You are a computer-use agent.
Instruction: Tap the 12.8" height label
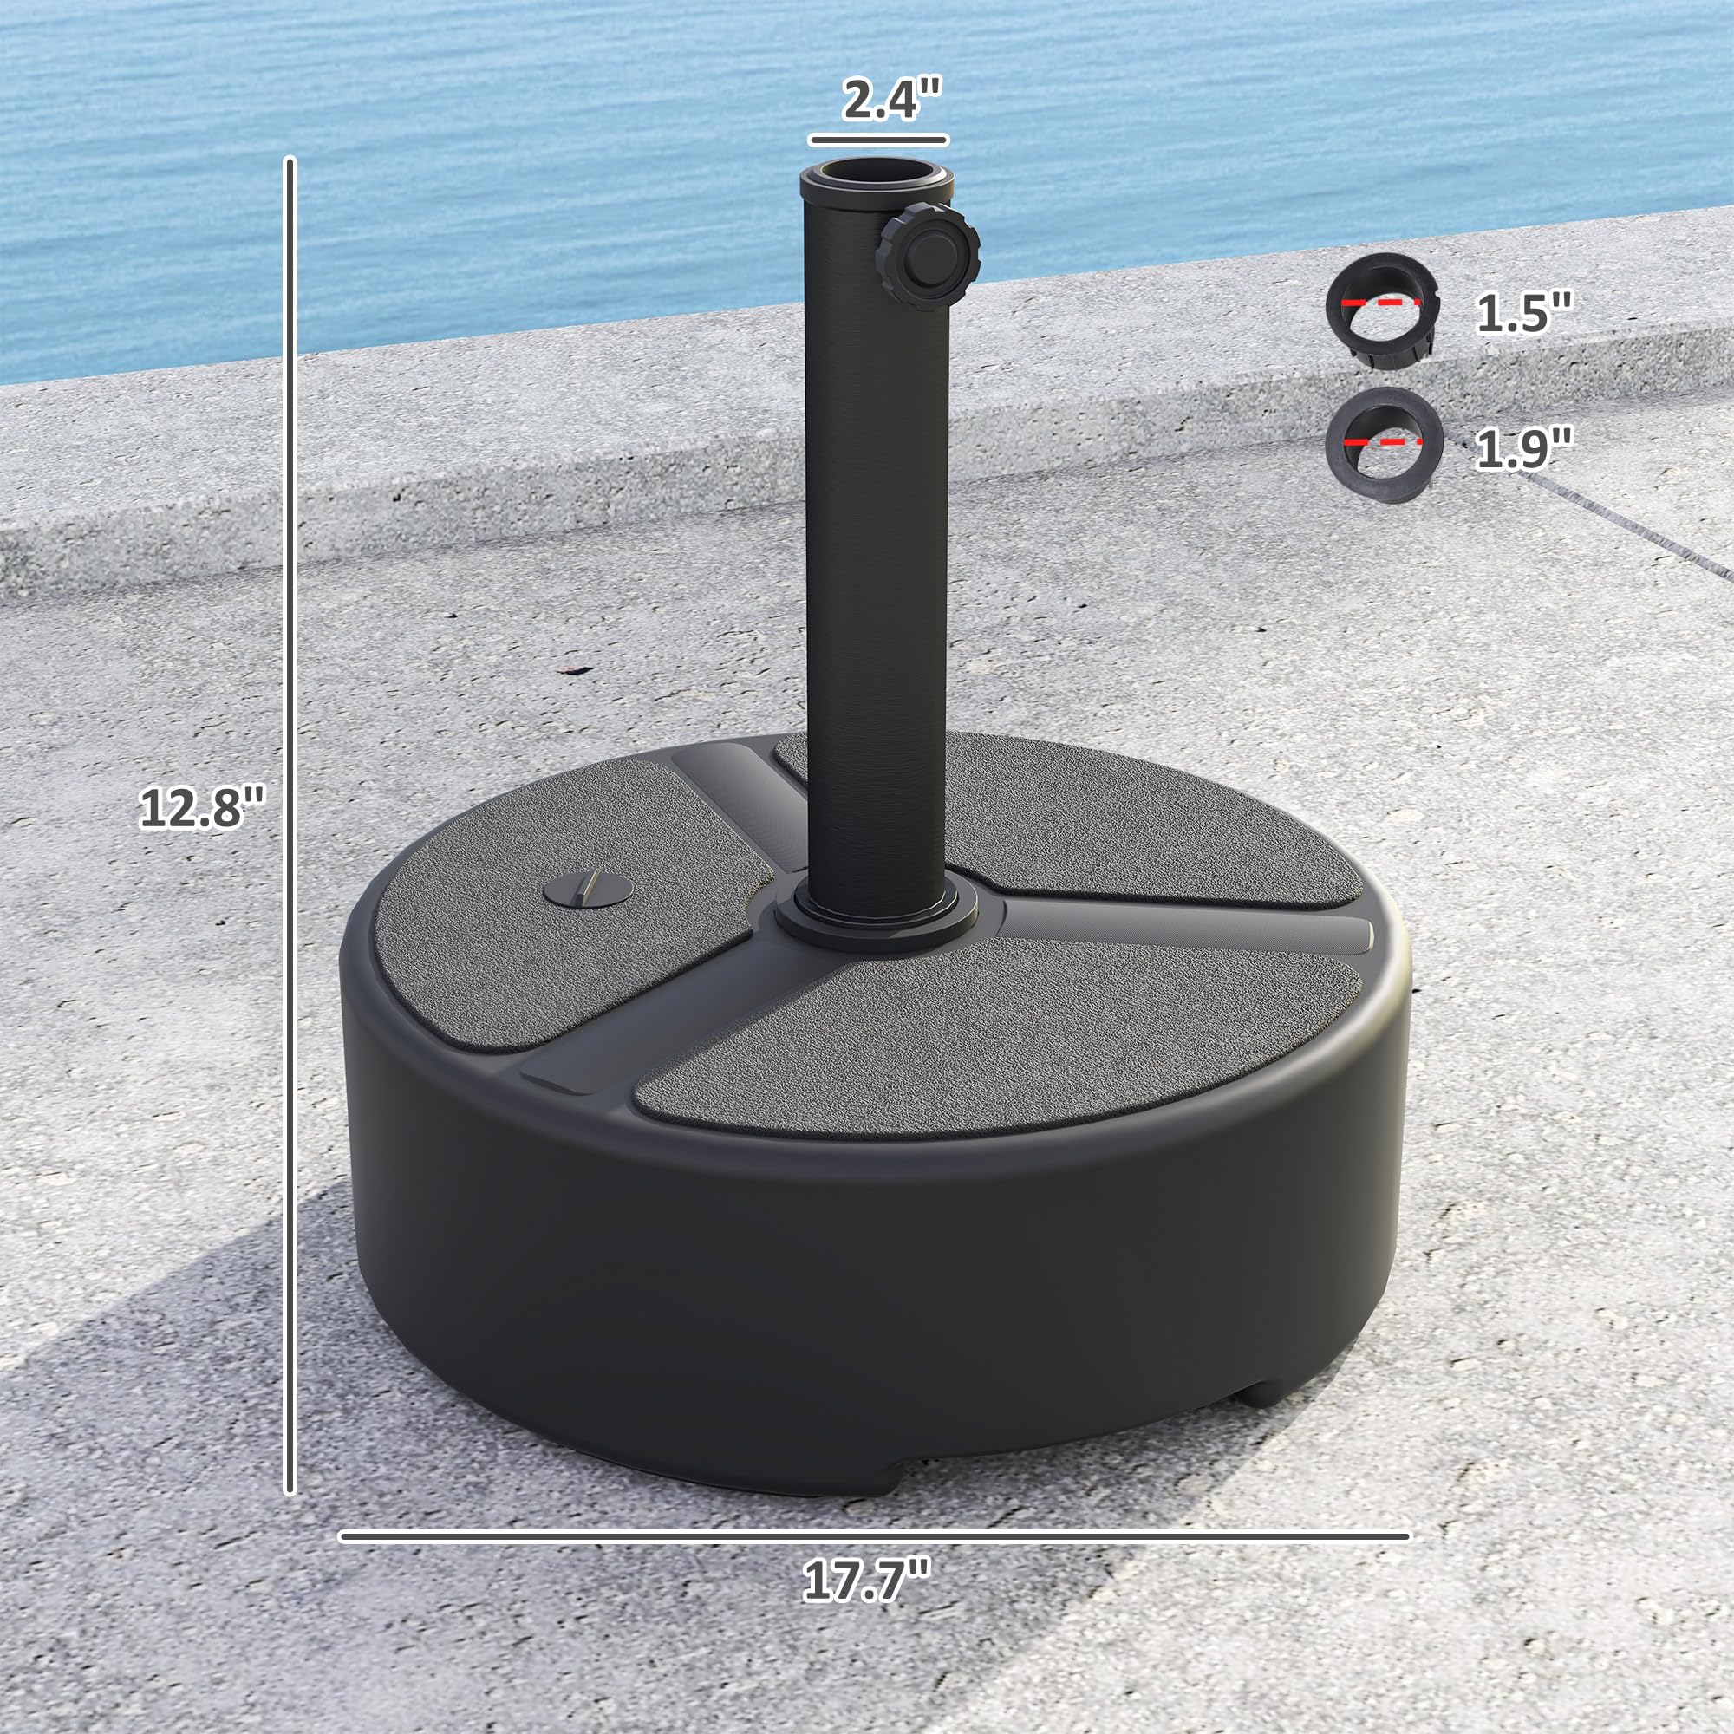pos(203,808)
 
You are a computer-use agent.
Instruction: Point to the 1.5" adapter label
pos(1524,313)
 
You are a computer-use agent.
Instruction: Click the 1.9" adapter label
pos(1524,448)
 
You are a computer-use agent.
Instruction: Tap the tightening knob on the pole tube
pos(929,257)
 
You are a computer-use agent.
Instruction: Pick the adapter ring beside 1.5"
pos(1382,310)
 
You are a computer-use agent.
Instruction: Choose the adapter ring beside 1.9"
pos(1383,445)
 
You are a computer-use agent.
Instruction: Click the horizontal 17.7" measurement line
pos(875,1536)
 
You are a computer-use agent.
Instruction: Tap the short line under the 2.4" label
pos(877,140)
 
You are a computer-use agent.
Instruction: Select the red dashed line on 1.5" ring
pos(1381,303)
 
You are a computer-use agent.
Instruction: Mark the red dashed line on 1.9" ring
pos(1383,441)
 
